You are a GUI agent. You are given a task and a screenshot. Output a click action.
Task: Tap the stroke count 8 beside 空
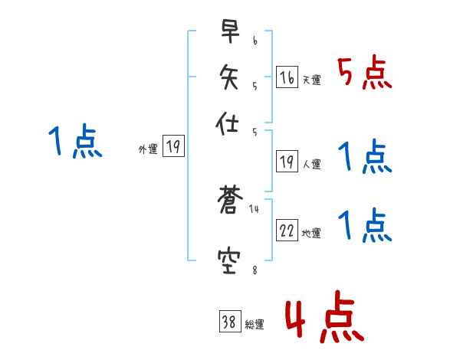(255, 269)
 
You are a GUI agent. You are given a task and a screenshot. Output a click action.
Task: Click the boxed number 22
(287, 231)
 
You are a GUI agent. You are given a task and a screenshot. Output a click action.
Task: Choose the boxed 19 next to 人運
(287, 161)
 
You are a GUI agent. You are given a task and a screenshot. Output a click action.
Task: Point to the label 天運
(311, 80)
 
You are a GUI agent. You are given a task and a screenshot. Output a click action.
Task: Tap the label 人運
(311, 164)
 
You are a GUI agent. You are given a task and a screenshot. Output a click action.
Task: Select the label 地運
(311, 234)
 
